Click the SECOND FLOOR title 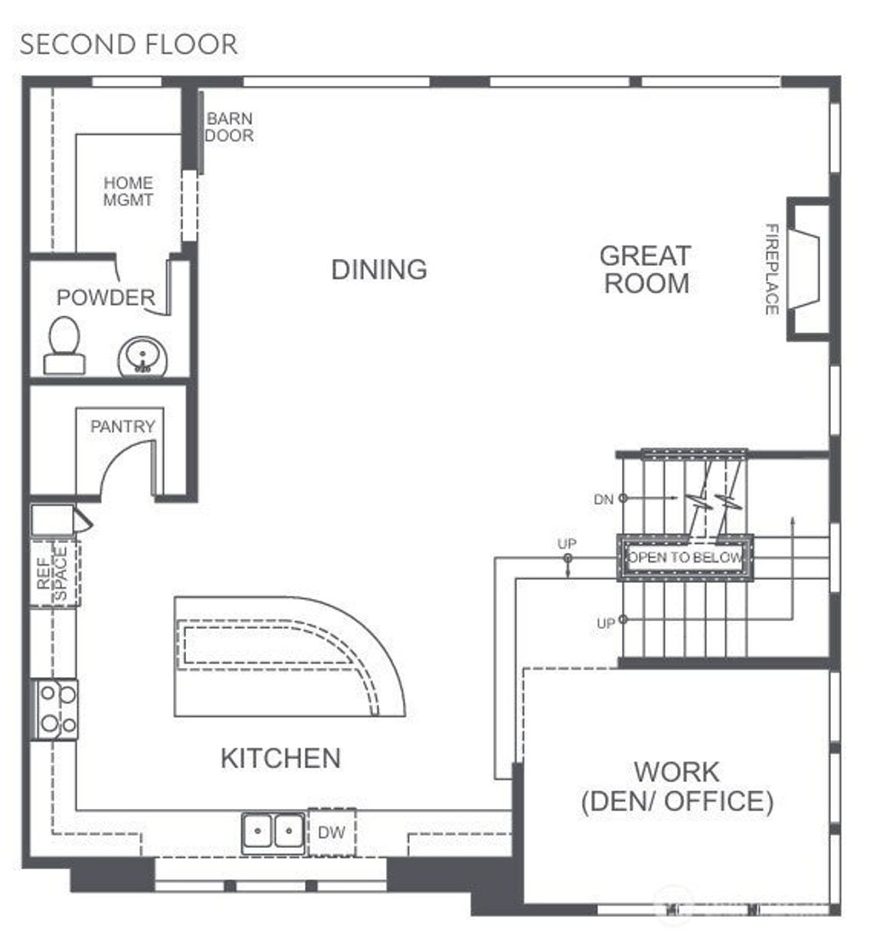tap(129, 45)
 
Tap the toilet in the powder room tap(64, 346)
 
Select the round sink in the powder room tap(142, 356)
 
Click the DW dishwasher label tap(331, 833)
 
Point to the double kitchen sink tap(273, 832)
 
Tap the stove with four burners tap(54, 709)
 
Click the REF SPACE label tap(52, 574)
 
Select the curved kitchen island tap(290, 656)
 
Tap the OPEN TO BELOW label tap(685, 557)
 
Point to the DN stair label tap(603, 499)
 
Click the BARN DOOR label tap(229, 127)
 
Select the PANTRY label tap(123, 427)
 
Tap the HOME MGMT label tap(127, 191)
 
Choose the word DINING tap(379, 269)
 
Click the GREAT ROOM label tap(646, 269)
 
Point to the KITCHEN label tap(280, 758)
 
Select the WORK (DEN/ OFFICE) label tap(677, 786)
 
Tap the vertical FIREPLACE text tap(771, 269)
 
